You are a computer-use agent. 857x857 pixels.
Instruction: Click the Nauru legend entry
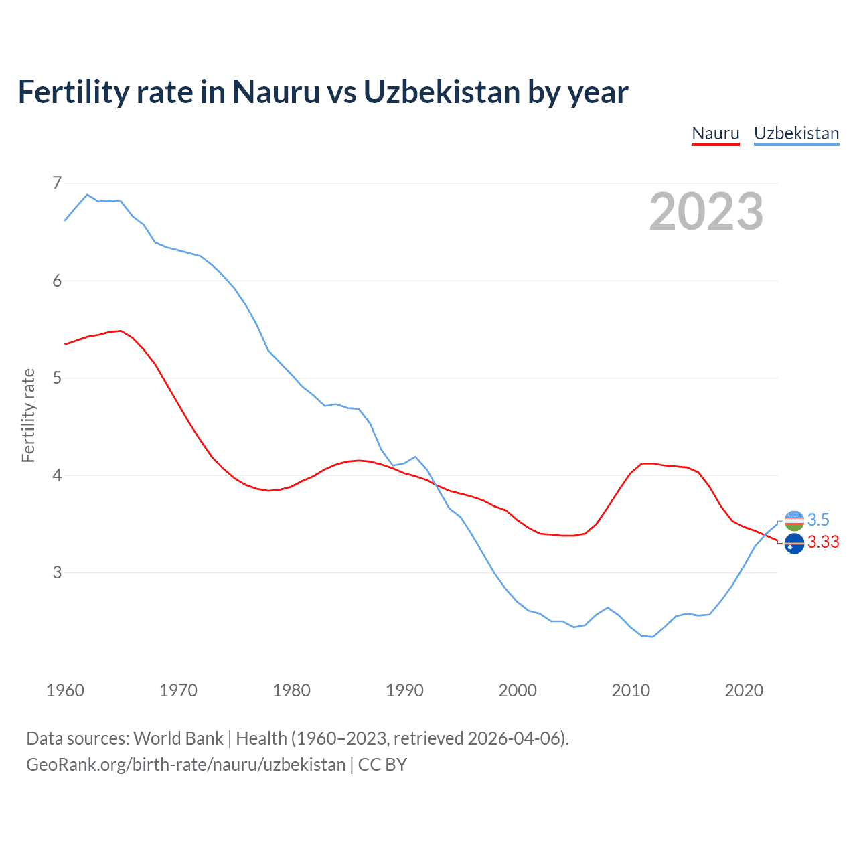click(x=715, y=133)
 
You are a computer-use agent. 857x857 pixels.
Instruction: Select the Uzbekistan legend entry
click(x=796, y=133)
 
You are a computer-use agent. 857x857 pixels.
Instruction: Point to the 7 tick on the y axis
click(x=57, y=183)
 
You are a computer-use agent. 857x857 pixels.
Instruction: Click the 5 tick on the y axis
click(x=57, y=378)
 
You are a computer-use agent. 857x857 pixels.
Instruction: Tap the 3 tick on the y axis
click(x=57, y=572)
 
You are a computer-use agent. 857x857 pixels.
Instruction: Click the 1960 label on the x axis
click(x=65, y=690)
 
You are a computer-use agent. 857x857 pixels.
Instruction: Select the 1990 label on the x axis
click(x=404, y=690)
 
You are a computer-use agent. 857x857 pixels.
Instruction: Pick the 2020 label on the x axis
click(x=744, y=690)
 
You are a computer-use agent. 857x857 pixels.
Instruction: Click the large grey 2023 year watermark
click(x=706, y=212)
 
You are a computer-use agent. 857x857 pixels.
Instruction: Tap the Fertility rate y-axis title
click(x=28, y=415)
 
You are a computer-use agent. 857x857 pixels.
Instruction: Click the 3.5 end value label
click(x=818, y=520)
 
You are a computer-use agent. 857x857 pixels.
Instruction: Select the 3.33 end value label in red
click(x=823, y=542)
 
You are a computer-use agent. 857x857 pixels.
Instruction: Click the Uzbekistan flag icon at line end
click(x=794, y=520)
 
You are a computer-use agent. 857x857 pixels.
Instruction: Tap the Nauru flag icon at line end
click(x=794, y=544)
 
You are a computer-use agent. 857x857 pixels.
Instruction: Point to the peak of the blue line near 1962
click(x=87, y=195)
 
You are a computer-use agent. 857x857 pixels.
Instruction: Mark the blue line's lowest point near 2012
click(x=653, y=637)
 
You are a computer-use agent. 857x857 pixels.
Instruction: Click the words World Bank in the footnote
click(x=178, y=738)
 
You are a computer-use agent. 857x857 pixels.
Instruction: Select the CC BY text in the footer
click(x=382, y=765)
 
